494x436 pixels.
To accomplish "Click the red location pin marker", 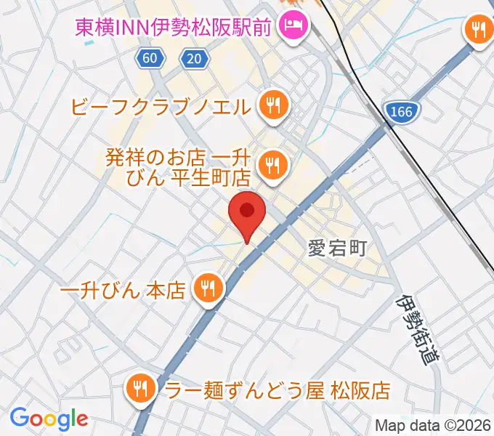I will (x=247, y=212).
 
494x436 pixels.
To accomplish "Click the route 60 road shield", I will (x=149, y=60).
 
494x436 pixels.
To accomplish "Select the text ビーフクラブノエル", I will (x=162, y=108).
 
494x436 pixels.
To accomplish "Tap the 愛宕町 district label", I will (x=336, y=248).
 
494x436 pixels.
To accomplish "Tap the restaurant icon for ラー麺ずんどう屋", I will (x=139, y=390).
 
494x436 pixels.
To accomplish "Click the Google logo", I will (x=49, y=419).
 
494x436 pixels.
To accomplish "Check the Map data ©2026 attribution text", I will (x=433, y=425).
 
